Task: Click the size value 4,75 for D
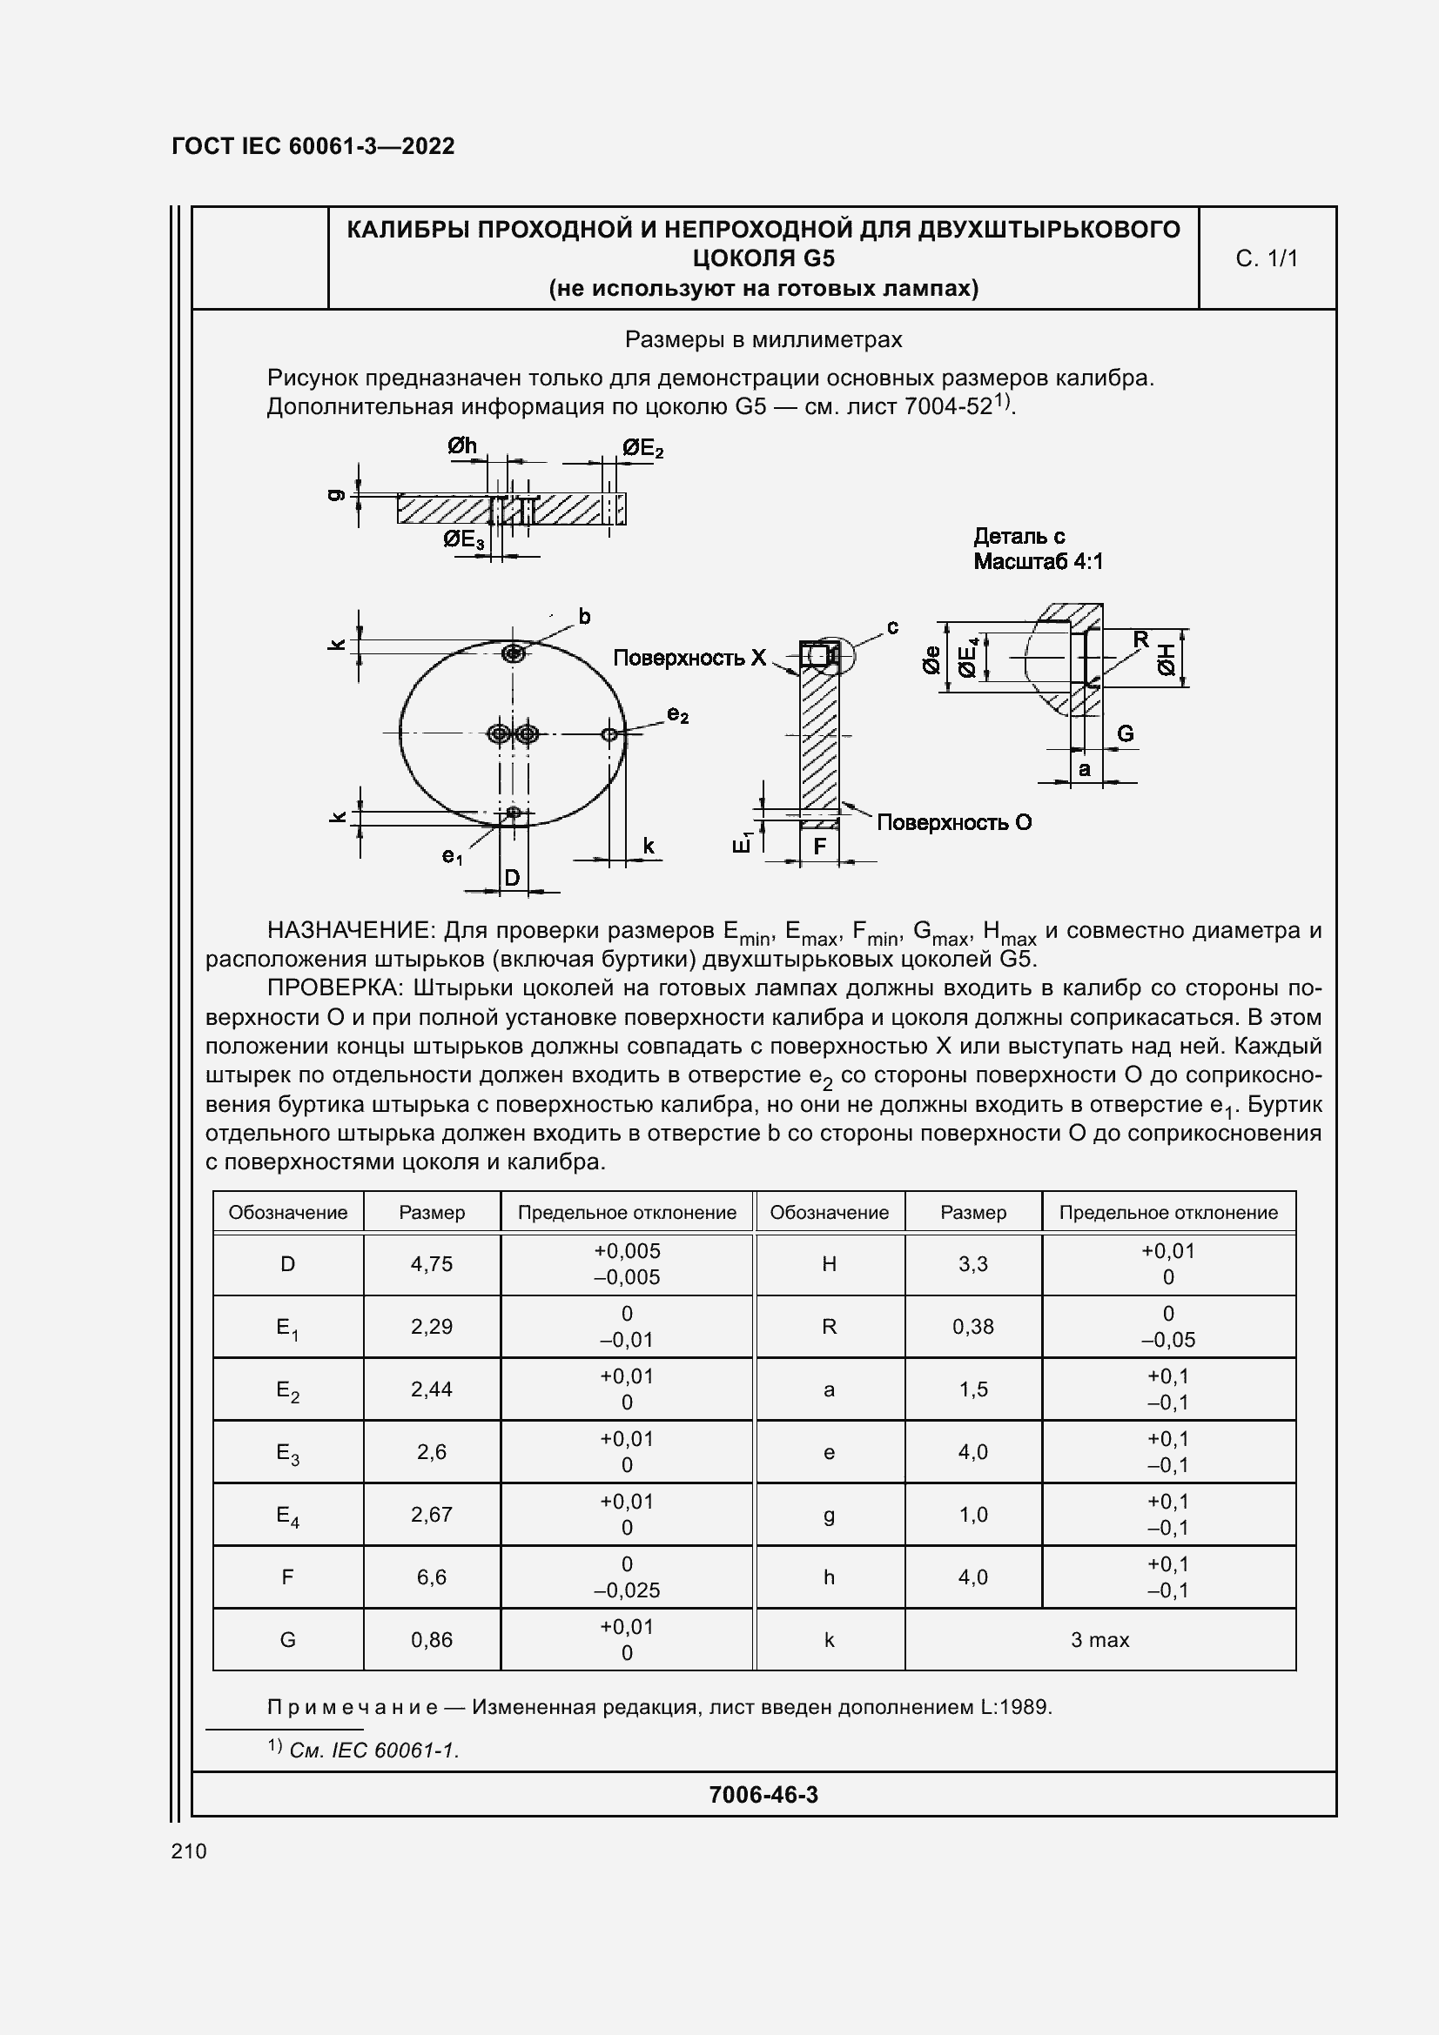coord(431,1264)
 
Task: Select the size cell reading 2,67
coord(431,1514)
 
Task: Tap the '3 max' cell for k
coord(1099,1640)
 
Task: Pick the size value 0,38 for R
coord(972,1327)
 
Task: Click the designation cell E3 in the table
coord(287,1452)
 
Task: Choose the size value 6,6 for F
coord(431,1576)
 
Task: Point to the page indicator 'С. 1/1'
coord(1266,258)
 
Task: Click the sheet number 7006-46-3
coord(763,1795)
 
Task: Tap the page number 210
coord(189,1851)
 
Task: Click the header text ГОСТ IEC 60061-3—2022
coord(313,146)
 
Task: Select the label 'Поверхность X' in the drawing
coord(689,658)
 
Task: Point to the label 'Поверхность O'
coord(954,822)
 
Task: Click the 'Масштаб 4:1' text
coord(1038,561)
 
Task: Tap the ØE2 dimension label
coord(642,448)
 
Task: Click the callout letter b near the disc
coord(584,616)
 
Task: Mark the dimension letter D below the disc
coord(512,878)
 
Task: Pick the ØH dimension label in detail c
coord(1166,659)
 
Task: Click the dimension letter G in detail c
coord(1124,733)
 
